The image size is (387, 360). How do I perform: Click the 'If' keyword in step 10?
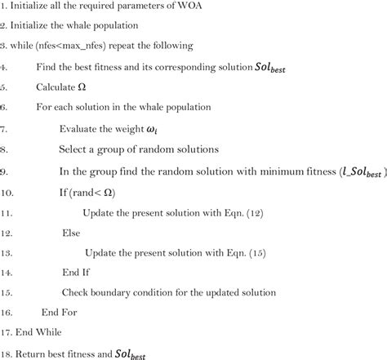(65, 191)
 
